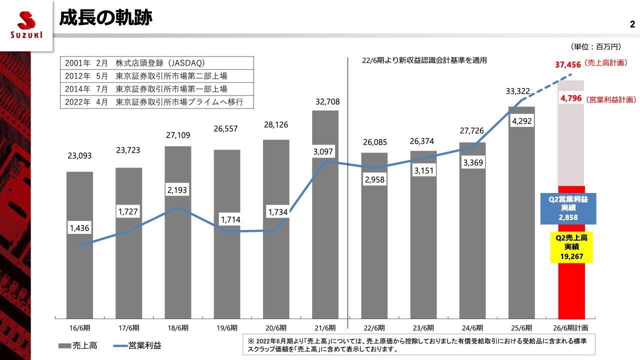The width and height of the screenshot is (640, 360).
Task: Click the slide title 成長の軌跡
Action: point(105,18)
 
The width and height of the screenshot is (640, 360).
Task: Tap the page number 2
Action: point(632,24)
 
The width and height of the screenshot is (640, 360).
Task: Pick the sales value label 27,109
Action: point(177,135)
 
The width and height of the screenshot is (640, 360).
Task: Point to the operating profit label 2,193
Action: point(177,190)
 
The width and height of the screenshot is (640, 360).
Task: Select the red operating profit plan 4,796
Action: point(571,98)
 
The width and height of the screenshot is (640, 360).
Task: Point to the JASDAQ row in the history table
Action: point(156,63)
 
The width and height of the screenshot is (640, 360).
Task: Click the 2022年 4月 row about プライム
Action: point(156,102)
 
